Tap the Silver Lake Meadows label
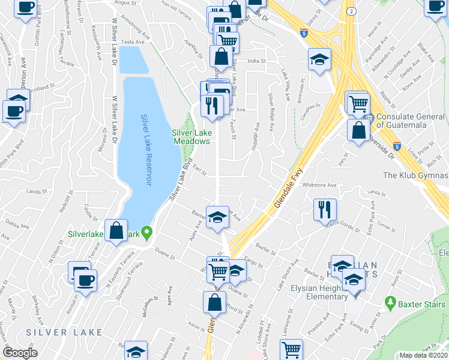point(191,137)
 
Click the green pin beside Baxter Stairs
point(391,304)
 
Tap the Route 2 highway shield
point(351,11)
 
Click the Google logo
point(20,353)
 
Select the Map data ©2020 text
point(423,355)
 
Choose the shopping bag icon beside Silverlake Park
point(116,230)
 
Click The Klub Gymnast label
point(415,175)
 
